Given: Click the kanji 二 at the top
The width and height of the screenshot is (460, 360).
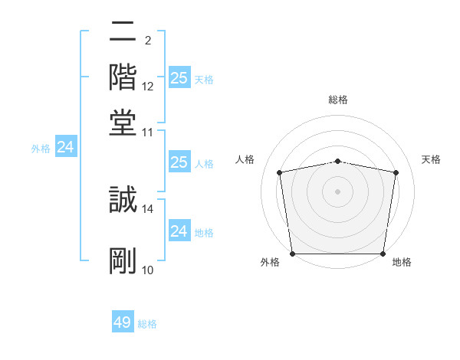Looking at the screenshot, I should (123, 33).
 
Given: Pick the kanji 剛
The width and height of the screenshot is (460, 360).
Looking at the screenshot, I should (123, 260).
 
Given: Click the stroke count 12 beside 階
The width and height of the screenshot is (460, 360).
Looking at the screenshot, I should (148, 87).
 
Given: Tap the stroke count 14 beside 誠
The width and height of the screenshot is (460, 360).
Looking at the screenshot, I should (148, 208).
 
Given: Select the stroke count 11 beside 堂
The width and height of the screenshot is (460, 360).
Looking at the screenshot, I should (148, 132).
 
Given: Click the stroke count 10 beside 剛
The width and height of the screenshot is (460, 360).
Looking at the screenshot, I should (148, 270).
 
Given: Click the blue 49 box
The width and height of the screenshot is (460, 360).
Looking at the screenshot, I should (123, 322).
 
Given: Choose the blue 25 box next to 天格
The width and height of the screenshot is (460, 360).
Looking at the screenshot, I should (179, 78).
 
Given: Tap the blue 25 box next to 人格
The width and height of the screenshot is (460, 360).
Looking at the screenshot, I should (179, 162).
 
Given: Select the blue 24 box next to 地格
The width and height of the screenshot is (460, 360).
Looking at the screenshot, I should (179, 231).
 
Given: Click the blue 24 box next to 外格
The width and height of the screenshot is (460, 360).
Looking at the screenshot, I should (65, 147).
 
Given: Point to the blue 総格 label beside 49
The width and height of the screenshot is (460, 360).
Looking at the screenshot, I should (147, 324).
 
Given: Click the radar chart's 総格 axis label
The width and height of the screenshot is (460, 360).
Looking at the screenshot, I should (338, 100).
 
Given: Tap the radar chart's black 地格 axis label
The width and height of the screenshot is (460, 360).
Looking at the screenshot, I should (402, 262).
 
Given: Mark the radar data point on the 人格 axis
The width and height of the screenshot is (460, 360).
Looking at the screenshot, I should (280, 172).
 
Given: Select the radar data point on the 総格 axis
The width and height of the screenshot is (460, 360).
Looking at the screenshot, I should (338, 161).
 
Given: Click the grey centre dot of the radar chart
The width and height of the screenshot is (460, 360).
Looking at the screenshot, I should (338, 191).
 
